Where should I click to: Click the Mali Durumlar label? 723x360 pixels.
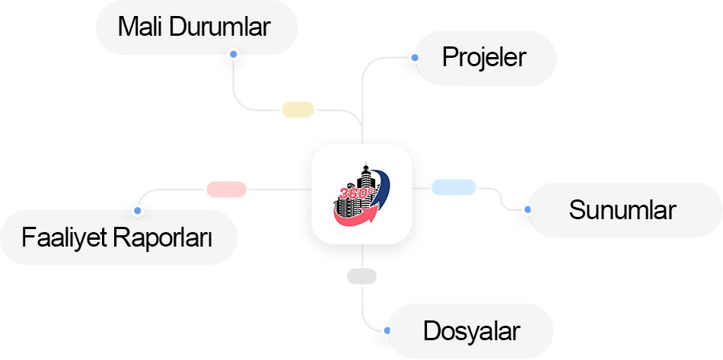coord(194,27)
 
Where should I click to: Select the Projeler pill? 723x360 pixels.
coord(485,57)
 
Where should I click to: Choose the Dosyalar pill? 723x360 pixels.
coord(471,331)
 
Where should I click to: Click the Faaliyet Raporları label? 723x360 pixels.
coord(116,237)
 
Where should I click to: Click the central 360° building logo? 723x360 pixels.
coord(362,193)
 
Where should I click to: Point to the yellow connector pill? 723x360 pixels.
coord(298,110)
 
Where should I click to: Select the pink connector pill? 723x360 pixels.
coord(226,189)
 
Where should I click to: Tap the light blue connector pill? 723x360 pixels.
coord(454,186)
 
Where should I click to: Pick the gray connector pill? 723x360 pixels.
coord(361,276)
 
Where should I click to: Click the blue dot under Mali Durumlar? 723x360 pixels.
coord(233,55)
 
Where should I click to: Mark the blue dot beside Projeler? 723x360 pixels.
coord(414,57)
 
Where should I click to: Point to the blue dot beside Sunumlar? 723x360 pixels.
coord(527,208)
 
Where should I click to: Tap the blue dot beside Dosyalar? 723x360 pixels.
coord(387,331)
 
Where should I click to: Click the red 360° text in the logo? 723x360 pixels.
coord(354,194)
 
